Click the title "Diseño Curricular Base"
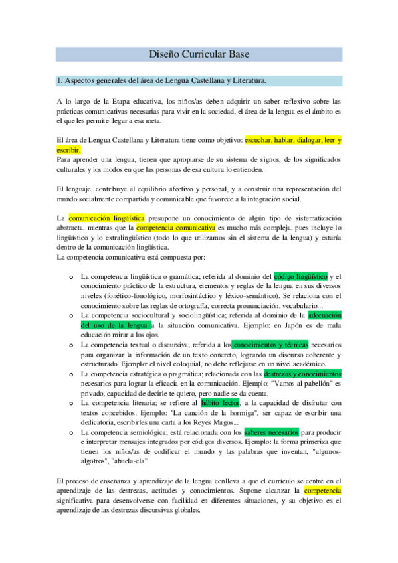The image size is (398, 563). (x=199, y=54)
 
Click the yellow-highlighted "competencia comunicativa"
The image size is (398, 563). (x=176, y=227)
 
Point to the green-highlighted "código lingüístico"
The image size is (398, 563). (x=300, y=276)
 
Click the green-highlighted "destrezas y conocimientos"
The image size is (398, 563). (x=302, y=374)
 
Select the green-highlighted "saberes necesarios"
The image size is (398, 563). (x=272, y=432)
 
